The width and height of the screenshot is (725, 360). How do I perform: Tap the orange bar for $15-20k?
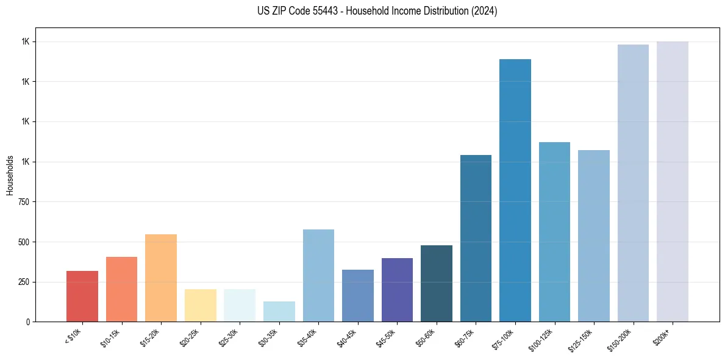[x=161, y=278]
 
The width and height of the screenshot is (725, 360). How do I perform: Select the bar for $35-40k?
[x=318, y=275]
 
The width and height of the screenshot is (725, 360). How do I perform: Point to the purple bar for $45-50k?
[x=397, y=290]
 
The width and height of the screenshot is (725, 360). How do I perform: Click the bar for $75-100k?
[x=515, y=190]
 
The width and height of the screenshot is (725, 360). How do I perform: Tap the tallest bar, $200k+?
[x=673, y=181]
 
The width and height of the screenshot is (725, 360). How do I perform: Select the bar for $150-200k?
[x=633, y=183]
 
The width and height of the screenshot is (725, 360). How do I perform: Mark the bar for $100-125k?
[x=554, y=232]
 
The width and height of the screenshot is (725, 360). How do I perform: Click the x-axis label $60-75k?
[x=465, y=337]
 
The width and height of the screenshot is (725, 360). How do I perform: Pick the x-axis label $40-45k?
[x=347, y=337]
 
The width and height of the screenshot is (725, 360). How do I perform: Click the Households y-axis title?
[x=10, y=175]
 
